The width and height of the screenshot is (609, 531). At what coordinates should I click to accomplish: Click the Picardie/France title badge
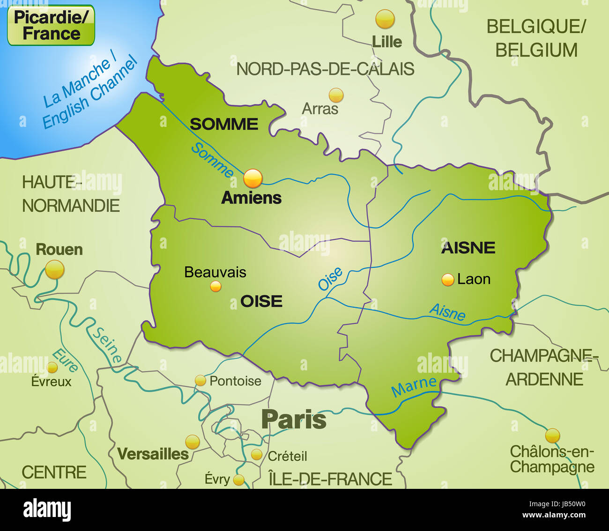(51, 25)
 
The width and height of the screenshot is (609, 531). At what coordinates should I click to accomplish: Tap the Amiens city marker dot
(253, 178)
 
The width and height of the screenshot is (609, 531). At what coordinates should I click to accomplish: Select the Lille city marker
(385, 19)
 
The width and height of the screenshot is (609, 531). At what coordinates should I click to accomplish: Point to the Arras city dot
(336, 96)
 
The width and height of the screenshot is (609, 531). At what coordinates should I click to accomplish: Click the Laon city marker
(448, 280)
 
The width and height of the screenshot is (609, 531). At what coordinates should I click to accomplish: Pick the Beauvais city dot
(215, 286)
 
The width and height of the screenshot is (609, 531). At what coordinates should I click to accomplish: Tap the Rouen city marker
(55, 270)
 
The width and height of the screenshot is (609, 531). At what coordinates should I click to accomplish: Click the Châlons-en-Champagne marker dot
(552, 435)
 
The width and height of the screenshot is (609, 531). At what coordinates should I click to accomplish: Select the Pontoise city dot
(201, 380)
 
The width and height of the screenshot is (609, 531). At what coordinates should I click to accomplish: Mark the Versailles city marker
(193, 442)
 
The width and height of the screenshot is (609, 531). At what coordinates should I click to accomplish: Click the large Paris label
(294, 420)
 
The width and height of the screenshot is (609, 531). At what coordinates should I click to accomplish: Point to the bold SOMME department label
(224, 124)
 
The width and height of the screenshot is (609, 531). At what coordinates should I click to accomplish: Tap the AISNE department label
(468, 248)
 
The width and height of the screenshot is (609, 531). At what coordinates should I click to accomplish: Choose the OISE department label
(261, 301)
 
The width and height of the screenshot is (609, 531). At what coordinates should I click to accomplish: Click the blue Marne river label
(414, 386)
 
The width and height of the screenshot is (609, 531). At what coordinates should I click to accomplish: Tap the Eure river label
(65, 361)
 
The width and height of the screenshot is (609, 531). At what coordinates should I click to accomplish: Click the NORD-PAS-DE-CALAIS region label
(325, 69)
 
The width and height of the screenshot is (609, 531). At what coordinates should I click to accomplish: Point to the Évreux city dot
(52, 367)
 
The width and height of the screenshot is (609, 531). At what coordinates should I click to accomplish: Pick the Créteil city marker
(256, 454)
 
